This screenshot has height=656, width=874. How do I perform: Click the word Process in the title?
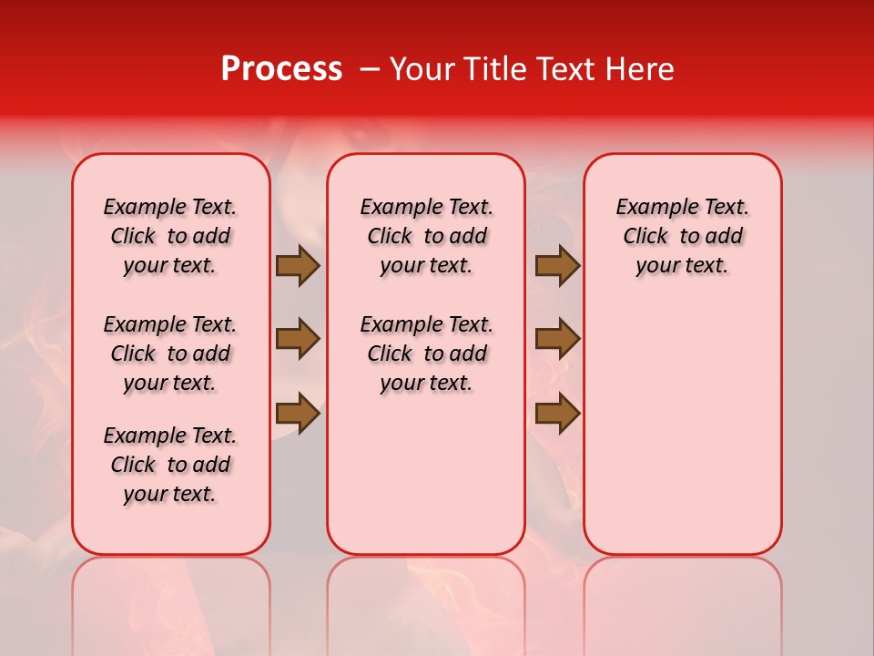[x=281, y=69]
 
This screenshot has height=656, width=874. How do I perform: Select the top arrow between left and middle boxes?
[x=298, y=266]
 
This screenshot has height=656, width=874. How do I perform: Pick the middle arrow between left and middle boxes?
[x=298, y=339]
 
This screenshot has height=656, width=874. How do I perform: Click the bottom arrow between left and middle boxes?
[x=298, y=413]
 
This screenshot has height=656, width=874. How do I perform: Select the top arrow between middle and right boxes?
[x=557, y=266]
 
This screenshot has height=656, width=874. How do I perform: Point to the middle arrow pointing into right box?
[x=557, y=339]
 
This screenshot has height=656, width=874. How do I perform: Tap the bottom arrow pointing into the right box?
[x=557, y=413]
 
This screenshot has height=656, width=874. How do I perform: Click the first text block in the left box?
[x=170, y=236]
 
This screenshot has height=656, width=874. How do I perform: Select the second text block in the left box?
[x=170, y=354]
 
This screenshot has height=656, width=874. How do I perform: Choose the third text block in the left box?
[x=170, y=465]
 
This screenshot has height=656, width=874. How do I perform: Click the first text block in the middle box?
[x=427, y=236]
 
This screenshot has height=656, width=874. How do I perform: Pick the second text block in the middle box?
[x=427, y=354]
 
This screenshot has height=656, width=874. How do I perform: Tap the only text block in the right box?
[x=683, y=236]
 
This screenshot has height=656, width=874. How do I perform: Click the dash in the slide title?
[x=370, y=69]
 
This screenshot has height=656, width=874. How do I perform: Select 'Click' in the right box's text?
[x=645, y=236]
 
